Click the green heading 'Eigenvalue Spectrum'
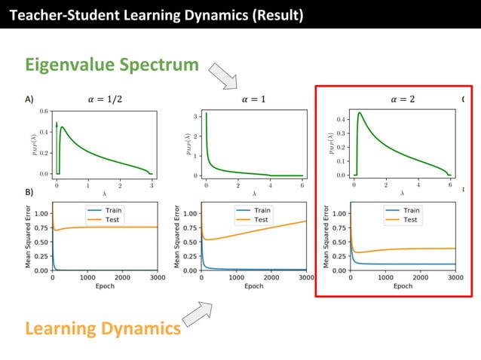click(112, 66)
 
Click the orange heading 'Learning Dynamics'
click(103, 328)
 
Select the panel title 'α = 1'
click(253, 99)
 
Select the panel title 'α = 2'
click(403, 99)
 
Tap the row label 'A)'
click(29, 99)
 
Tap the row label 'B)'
click(29, 192)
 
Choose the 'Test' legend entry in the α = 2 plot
click(410, 220)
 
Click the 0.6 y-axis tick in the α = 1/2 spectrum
click(44, 111)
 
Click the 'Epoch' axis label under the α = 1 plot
click(253, 286)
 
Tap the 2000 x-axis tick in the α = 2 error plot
click(420, 277)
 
